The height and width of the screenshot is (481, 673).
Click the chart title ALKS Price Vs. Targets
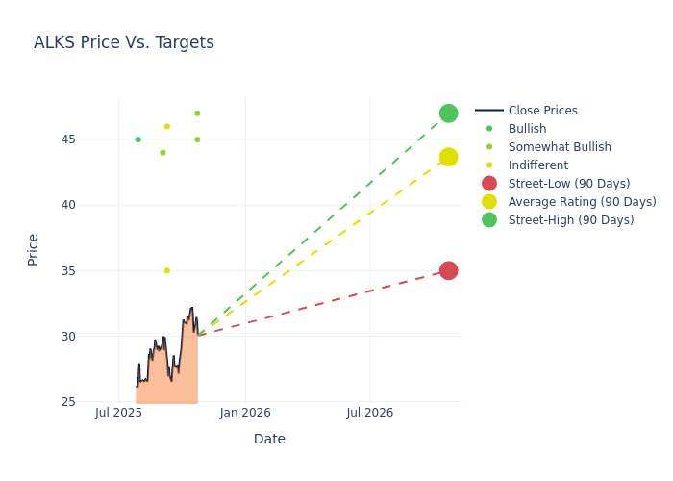[x=124, y=43]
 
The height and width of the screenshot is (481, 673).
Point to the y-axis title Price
[x=34, y=249]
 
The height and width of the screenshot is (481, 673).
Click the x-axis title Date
[x=269, y=439]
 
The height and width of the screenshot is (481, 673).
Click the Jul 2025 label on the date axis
[x=119, y=413]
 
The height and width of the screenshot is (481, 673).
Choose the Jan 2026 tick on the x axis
[x=245, y=413]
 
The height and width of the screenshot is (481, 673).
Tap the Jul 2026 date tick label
[x=370, y=413]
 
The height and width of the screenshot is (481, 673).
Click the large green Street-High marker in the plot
[x=448, y=114]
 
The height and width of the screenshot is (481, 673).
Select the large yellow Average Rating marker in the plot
[x=448, y=157]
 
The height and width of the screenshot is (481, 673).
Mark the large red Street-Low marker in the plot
[x=448, y=270]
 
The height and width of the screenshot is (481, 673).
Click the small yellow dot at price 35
[x=166, y=270]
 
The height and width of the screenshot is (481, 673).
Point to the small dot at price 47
[x=197, y=114]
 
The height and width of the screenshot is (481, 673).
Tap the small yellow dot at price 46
[x=166, y=126]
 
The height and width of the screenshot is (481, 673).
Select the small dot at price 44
[x=162, y=153]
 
